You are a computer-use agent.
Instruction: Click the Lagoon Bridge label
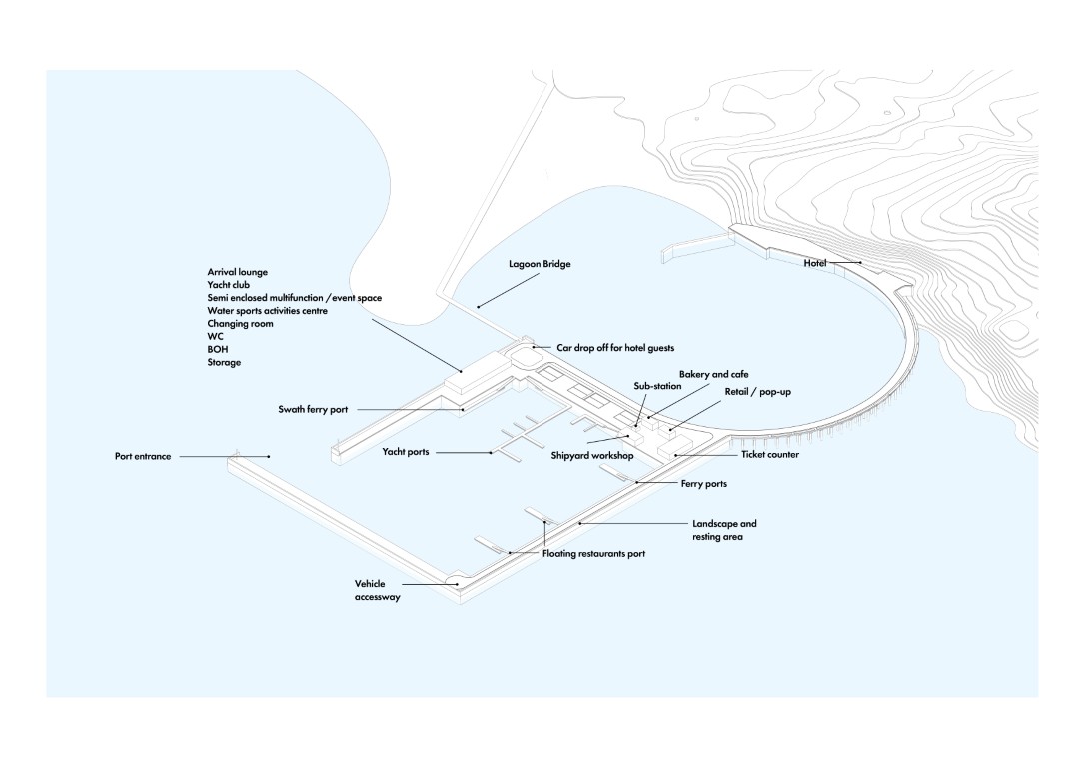click(540, 265)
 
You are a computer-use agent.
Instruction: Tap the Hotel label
click(815, 263)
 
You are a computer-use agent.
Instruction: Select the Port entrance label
click(143, 457)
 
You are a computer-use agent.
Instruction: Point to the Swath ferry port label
click(313, 410)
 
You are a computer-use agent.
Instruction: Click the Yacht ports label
click(406, 452)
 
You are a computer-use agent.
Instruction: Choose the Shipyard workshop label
click(592, 456)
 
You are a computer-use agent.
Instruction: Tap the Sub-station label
click(657, 386)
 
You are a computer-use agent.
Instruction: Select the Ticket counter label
click(770, 455)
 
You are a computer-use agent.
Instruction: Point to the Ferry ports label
click(704, 484)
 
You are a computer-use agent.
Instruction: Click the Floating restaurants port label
click(593, 554)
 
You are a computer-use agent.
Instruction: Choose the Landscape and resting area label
click(724, 530)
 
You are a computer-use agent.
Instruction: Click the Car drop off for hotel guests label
click(615, 348)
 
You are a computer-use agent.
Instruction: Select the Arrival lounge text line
click(238, 272)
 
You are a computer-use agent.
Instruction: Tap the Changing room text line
click(240, 324)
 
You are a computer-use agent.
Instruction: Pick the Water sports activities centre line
click(267, 311)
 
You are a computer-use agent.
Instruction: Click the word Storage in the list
click(224, 363)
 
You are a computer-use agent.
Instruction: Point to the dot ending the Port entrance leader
click(270, 457)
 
